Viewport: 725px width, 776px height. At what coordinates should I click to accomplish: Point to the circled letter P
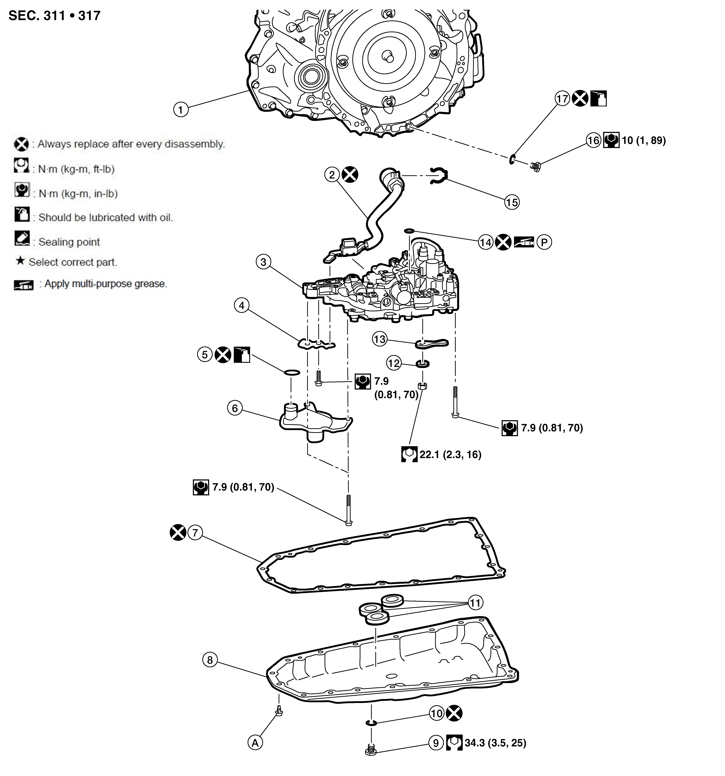tap(544, 242)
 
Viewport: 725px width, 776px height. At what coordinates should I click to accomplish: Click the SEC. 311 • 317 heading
tap(55, 16)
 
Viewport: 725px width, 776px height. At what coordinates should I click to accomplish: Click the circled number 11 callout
tap(475, 603)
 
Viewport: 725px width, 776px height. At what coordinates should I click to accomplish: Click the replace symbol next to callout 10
tap(454, 714)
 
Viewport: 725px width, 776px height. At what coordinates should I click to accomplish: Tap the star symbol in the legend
tap(20, 261)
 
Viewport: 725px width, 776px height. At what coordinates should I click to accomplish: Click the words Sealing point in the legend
tap(69, 242)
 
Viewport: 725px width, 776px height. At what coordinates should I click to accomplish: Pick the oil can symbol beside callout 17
tap(598, 99)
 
